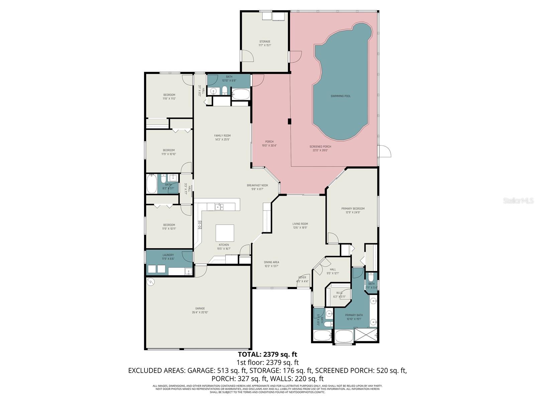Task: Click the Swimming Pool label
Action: coord(340,96)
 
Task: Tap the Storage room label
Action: coord(264,43)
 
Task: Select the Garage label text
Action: coord(200,310)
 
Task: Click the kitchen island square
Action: coord(224,233)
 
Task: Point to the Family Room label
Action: coord(222,137)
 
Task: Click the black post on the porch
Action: coord(290,122)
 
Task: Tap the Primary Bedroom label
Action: coord(353,210)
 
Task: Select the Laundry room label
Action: coord(168,257)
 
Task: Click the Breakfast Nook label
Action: coord(257,187)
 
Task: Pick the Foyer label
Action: coord(302,279)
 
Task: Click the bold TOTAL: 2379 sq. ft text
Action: coord(267,354)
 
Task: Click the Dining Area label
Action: coord(271,264)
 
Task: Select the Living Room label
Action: coord(300,226)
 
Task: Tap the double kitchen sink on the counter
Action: coord(219,207)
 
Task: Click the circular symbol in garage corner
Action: coord(151,281)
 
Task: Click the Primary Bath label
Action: coord(354,317)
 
